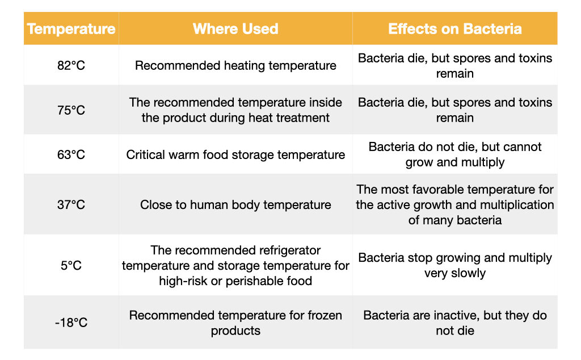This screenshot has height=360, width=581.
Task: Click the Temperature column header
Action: (x=71, y=29)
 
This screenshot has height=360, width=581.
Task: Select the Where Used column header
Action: (x=235, y=29)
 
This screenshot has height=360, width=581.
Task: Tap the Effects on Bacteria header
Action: (x=455, y=29)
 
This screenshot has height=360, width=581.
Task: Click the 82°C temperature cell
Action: (x=71, y=65)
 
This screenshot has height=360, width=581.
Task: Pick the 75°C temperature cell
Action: (x=71, y=110)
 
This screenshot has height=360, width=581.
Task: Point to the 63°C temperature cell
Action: (x=71, y=154)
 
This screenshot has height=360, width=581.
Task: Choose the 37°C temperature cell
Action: (x=71, y=204)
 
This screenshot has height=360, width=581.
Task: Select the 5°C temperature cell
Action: (x=71, y=265)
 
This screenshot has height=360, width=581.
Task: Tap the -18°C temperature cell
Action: (x=71, y=323)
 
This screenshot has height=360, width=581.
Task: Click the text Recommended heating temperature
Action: (x=235, y=65)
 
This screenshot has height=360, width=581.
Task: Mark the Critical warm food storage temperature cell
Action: (x=235, y=154)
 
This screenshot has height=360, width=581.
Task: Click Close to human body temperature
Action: (x=235, y=204)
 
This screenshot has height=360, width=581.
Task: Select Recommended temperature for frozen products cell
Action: (x=235, y=323)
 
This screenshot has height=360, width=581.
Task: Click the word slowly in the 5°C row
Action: (x=468, y=273)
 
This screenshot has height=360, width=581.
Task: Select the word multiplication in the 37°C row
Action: (x=512, y=204)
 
